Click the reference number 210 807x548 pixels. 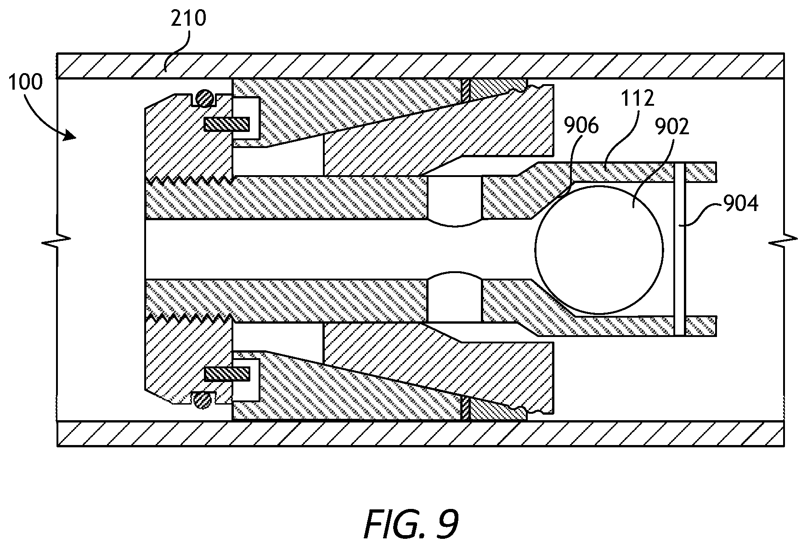click(x=189, y=18)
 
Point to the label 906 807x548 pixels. click(x=581, y=126)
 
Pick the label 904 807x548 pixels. click(x=740, y=203)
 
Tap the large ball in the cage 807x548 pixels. click(x=599, y=249)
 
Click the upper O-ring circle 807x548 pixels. click(x=204, y=97)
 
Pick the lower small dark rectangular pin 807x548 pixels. click(x=227, y=374)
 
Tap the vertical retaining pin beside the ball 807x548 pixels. click(x=680, y=249)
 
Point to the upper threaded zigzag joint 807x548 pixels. click(x=189, y=180)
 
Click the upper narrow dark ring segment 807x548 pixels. click(x=466, y=90)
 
